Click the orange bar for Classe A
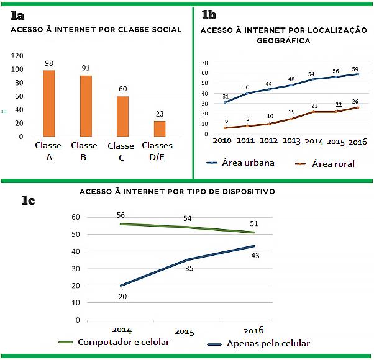[x=48, y=103]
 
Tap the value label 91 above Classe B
[x=85, y=68]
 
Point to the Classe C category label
[x=121, y=151]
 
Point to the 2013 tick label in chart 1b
[x=291, y=141]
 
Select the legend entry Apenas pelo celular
[x=269, y=343]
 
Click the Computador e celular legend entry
[x=123, y=342]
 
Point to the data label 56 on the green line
[x=121, y=215]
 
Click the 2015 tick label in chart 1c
[x=185, y=333]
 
